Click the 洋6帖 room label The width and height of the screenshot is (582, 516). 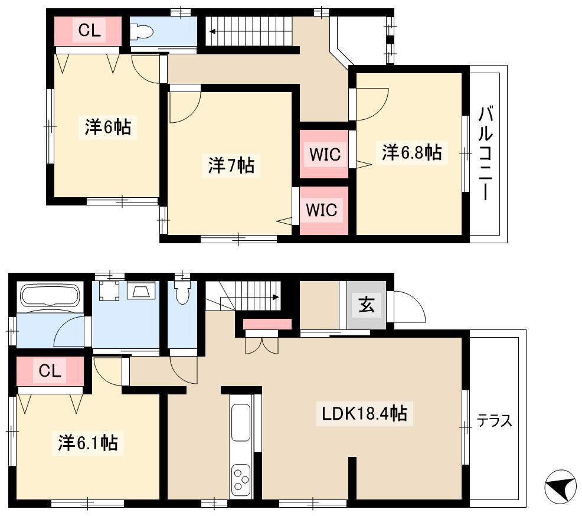[x=107, y=128]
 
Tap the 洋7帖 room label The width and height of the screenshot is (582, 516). [x=231, y=165]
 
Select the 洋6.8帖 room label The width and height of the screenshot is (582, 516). [x=411, y=152]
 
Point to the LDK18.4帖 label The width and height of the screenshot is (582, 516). [x=364, y=413]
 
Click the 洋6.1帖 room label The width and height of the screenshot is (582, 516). [x=88, y=443]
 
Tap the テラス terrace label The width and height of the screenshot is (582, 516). [x=494, y=421]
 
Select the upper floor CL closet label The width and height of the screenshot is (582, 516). [x=90, y=30]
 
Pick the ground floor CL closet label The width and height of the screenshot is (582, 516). [x=50, y=370]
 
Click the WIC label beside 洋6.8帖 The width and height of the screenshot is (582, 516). [x=325, y=155]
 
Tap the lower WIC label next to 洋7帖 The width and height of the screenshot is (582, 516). [x=322, y=210]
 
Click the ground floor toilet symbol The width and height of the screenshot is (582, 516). [x=182, y=292]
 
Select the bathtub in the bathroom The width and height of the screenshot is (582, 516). [x=51, y=296]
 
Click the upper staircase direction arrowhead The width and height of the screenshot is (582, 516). [x=212, y=31]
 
